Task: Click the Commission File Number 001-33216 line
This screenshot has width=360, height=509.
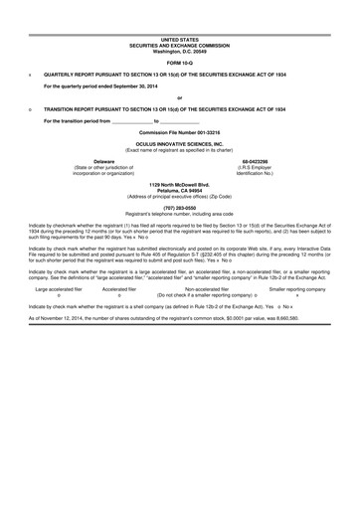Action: (179, 132)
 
